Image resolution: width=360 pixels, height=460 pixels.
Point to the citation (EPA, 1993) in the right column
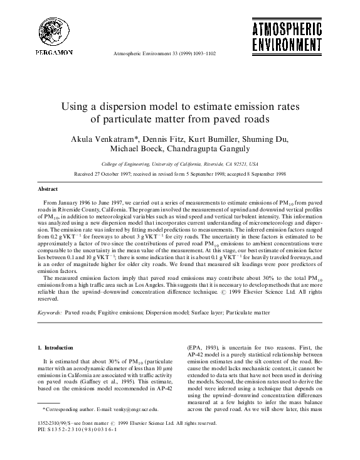pos(204,347)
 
